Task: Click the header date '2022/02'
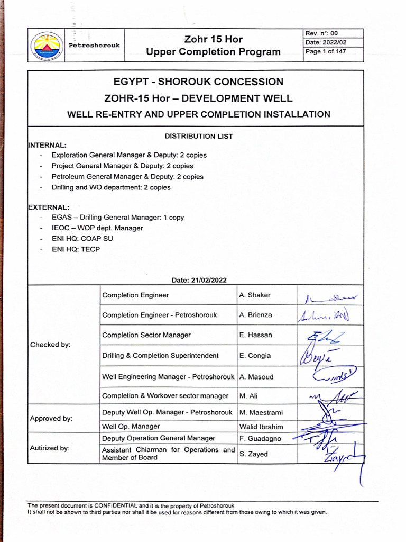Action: tap(335, 42)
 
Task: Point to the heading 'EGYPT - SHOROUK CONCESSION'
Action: tap(198, 82)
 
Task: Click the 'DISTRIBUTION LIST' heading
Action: tap(199, 136)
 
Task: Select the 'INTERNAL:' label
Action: tap(47, 145)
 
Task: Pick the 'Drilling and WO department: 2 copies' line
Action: tap(111, 187)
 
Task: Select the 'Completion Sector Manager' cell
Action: tap(146, 335)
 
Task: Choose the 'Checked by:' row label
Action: tap(50, 345)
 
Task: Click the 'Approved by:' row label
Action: tap(51, 418)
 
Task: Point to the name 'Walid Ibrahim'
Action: tap(261, 427)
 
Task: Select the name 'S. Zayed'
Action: tap(254, 454)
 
